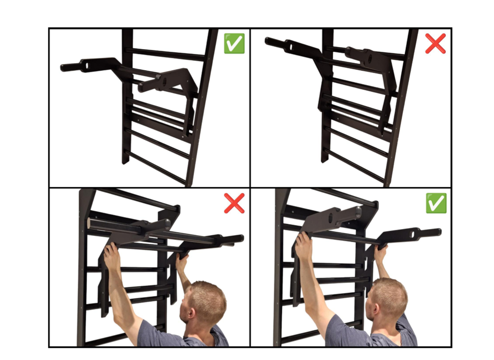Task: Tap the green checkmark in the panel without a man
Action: pos(234,43)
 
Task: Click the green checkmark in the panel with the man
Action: pos(436,203)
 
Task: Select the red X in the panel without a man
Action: pos(435,43)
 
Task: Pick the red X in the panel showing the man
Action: pos(234,203)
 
